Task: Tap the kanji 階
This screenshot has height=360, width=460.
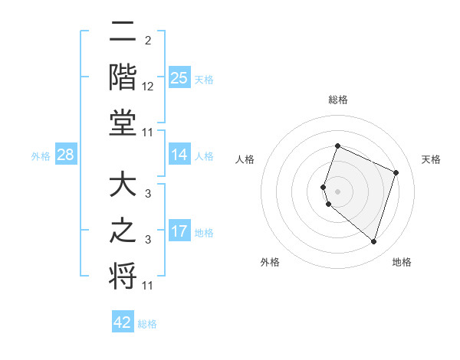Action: [x=123, y=78]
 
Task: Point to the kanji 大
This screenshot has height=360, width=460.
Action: [x=123, y=186]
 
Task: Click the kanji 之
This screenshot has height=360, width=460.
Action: [x=123, y=231]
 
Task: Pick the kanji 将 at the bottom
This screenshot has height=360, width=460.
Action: [x=123, y=276]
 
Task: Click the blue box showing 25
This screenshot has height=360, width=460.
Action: [x=179, y=78]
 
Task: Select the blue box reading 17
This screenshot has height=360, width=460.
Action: [x=179, y=231]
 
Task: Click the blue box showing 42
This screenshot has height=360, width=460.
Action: [x=123, y=322]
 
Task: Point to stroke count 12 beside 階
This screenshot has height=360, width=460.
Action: [x=148, y=87]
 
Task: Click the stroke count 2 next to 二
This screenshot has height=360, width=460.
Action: [x=148, y=40]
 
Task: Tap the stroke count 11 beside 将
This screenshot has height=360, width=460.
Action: [x=148, y=286]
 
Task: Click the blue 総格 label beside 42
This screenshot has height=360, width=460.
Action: [x=147, y=324]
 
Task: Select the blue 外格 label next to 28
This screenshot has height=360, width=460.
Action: [x=41, y=156]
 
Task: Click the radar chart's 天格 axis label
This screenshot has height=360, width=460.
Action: [x=431, y=159]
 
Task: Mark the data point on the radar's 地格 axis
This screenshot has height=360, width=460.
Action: [x=373, y=242]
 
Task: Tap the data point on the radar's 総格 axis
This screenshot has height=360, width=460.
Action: [x=337, y=146]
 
